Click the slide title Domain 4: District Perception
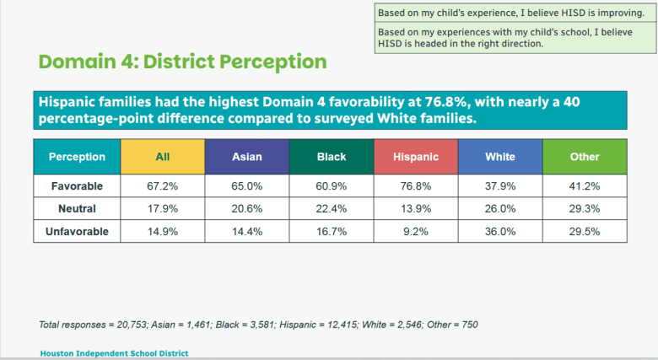tap(182, 62)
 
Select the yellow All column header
tap(163, 156)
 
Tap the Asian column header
tap(246, 156)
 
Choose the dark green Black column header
tap(331, 156)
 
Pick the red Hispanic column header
tap(415, 156)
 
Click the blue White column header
tap(499, 156)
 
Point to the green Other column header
tap(584, 156)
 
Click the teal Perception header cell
tap(77, 156)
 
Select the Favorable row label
tap(77, 185)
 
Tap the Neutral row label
tap(77, 208)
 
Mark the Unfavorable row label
tap(77, 231)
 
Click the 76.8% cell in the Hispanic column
tap(415, 185)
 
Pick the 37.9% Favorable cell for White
tap(499, 185)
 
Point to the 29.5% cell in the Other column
tap(584, 231)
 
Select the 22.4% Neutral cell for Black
tap(331, 208)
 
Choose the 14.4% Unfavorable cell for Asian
tap(246, 231)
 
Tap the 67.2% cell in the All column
tap(163, 185)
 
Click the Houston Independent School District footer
tap(114, 353)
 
